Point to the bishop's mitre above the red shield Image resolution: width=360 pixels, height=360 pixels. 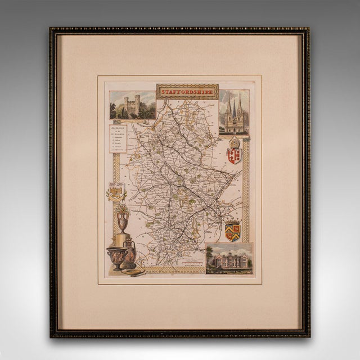click(x=233, y=142)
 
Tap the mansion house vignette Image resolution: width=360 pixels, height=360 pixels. click(x=229, y=259)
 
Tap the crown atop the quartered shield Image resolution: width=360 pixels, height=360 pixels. click(x=232, y=221)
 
